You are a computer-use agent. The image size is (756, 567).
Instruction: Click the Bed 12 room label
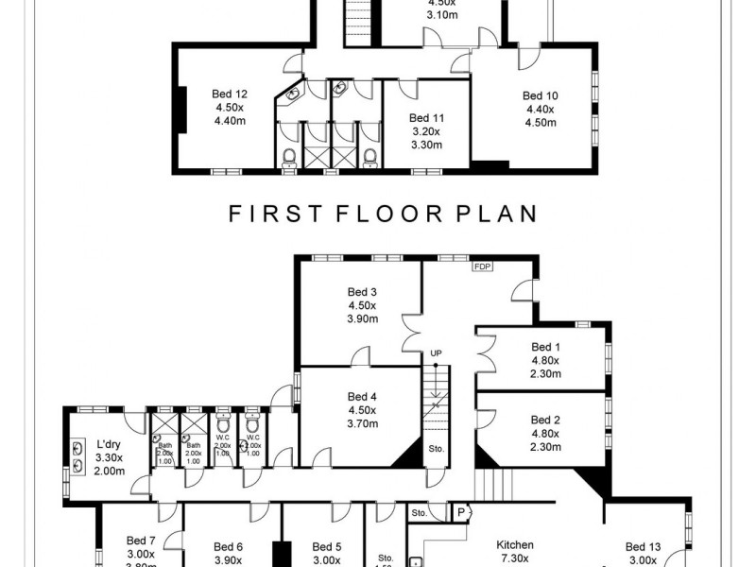pos(230,94)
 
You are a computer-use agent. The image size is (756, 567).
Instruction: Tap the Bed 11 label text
pos(426,118)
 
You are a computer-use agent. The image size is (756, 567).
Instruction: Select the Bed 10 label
pos(540,95)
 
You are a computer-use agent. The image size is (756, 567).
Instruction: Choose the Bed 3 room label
pos(362,292)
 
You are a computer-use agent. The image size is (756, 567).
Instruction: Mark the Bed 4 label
pos(362,396)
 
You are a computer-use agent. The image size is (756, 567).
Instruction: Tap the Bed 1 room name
pos(545,347)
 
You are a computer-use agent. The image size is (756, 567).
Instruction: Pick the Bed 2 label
pos(545,420)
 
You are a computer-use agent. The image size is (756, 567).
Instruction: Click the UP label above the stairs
pos(436,352)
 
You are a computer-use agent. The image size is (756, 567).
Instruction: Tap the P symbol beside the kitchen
pos(461,513)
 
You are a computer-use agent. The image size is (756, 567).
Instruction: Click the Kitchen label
pos(515,545)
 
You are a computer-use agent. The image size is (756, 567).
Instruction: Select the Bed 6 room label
pos(229,546)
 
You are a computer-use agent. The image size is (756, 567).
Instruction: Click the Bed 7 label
pos(141,541)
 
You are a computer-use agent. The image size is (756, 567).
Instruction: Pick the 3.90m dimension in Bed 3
pos(362,319)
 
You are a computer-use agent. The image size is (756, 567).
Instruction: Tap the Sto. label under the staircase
pos(436,448)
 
